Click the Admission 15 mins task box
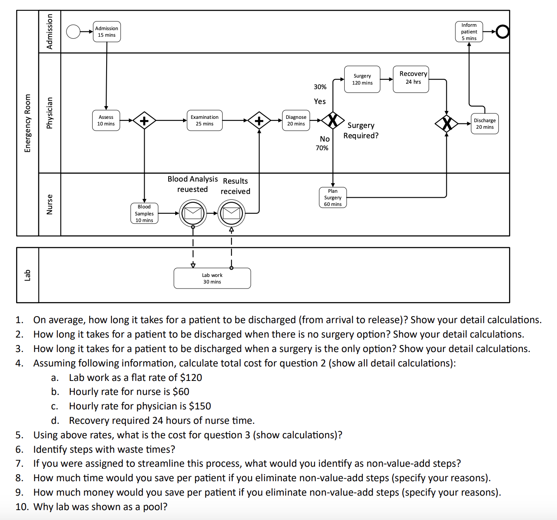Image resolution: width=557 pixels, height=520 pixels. [107, 32]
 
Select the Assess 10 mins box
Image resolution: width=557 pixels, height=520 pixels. [106, 121]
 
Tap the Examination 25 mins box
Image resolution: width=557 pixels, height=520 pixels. [205, 121]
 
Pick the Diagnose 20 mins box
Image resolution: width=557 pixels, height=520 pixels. [296, 121]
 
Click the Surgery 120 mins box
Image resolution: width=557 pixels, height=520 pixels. [362, 79]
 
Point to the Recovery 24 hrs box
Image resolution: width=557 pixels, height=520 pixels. [411, 79]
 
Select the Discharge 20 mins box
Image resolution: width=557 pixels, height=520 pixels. [485, 124]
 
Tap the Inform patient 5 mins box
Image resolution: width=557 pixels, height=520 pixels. [469, 32]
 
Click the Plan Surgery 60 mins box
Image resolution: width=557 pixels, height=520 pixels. [333, 198]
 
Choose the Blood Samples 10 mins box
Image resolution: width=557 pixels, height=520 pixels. [144, 213]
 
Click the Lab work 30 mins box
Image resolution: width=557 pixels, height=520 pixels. [212, 279]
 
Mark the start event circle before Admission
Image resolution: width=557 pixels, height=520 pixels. [73, 32]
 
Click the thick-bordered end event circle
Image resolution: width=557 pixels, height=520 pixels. [502, 32]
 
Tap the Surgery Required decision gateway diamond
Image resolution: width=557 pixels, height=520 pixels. [333, 121]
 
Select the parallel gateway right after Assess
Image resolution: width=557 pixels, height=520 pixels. [144, 121]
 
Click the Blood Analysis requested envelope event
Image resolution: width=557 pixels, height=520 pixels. [193, 213]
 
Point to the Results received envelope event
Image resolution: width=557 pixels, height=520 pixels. [231, 213]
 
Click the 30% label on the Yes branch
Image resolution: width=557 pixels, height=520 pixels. [320, 87]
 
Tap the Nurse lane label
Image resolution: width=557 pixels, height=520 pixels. [50, 205]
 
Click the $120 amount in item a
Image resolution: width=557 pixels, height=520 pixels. [191, 378]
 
